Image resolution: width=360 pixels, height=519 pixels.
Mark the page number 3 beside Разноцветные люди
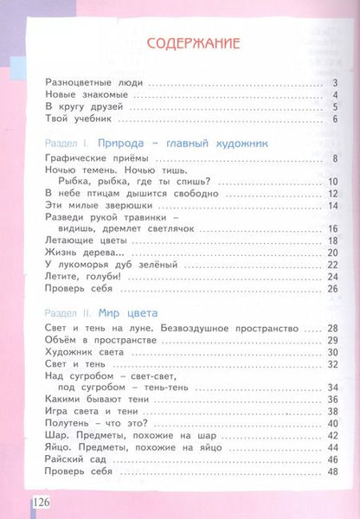333,83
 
